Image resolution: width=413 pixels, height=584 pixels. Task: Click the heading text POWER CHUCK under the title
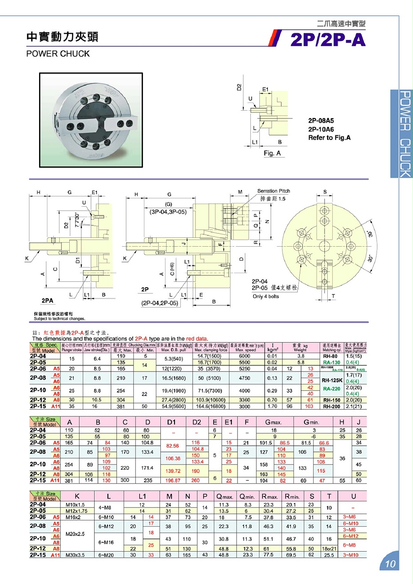[x=58, y=54]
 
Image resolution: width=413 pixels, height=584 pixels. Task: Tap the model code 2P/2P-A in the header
[x=328, y=40]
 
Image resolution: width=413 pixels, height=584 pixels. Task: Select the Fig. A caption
[x=272, y=153]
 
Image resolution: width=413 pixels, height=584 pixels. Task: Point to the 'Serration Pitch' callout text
[x=273, y=191]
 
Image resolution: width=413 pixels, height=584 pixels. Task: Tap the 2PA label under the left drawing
[x=48, y=300]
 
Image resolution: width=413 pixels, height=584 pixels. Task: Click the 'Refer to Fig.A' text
[x=329, y=138]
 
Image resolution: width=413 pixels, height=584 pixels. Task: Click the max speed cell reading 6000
[x=245, y=356]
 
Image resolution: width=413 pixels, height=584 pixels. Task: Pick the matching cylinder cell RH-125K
[x=332, y=380]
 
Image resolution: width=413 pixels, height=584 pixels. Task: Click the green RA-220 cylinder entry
[x=332, y=389]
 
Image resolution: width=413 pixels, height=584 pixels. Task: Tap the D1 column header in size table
[x=172, y=422]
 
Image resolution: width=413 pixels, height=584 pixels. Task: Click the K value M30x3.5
[x=76, y=555]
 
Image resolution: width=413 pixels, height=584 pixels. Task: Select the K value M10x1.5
[x=75, y=505]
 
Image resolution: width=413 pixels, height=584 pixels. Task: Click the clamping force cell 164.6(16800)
[x=211, y=406]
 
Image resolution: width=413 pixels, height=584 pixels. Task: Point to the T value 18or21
[x=329, y=549]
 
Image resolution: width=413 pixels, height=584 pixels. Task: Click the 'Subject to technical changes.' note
[x=60, y=319]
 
